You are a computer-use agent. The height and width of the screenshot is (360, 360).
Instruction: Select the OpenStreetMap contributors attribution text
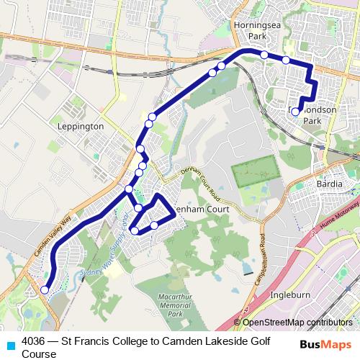coord(297,323)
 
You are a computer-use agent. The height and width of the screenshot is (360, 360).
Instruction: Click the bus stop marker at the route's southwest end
coord(45,290)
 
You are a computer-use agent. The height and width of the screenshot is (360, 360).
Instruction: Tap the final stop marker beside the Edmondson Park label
coord(295,112)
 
